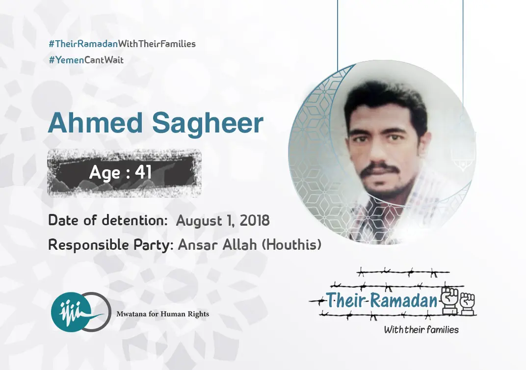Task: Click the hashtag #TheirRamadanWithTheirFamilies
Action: click(122, 44)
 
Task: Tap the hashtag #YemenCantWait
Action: click(86, 60)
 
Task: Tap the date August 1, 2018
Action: click(223, 221)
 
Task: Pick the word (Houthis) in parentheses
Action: click(291, 244)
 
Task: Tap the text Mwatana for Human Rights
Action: click(162, 314)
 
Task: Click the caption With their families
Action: click(421, 329)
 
